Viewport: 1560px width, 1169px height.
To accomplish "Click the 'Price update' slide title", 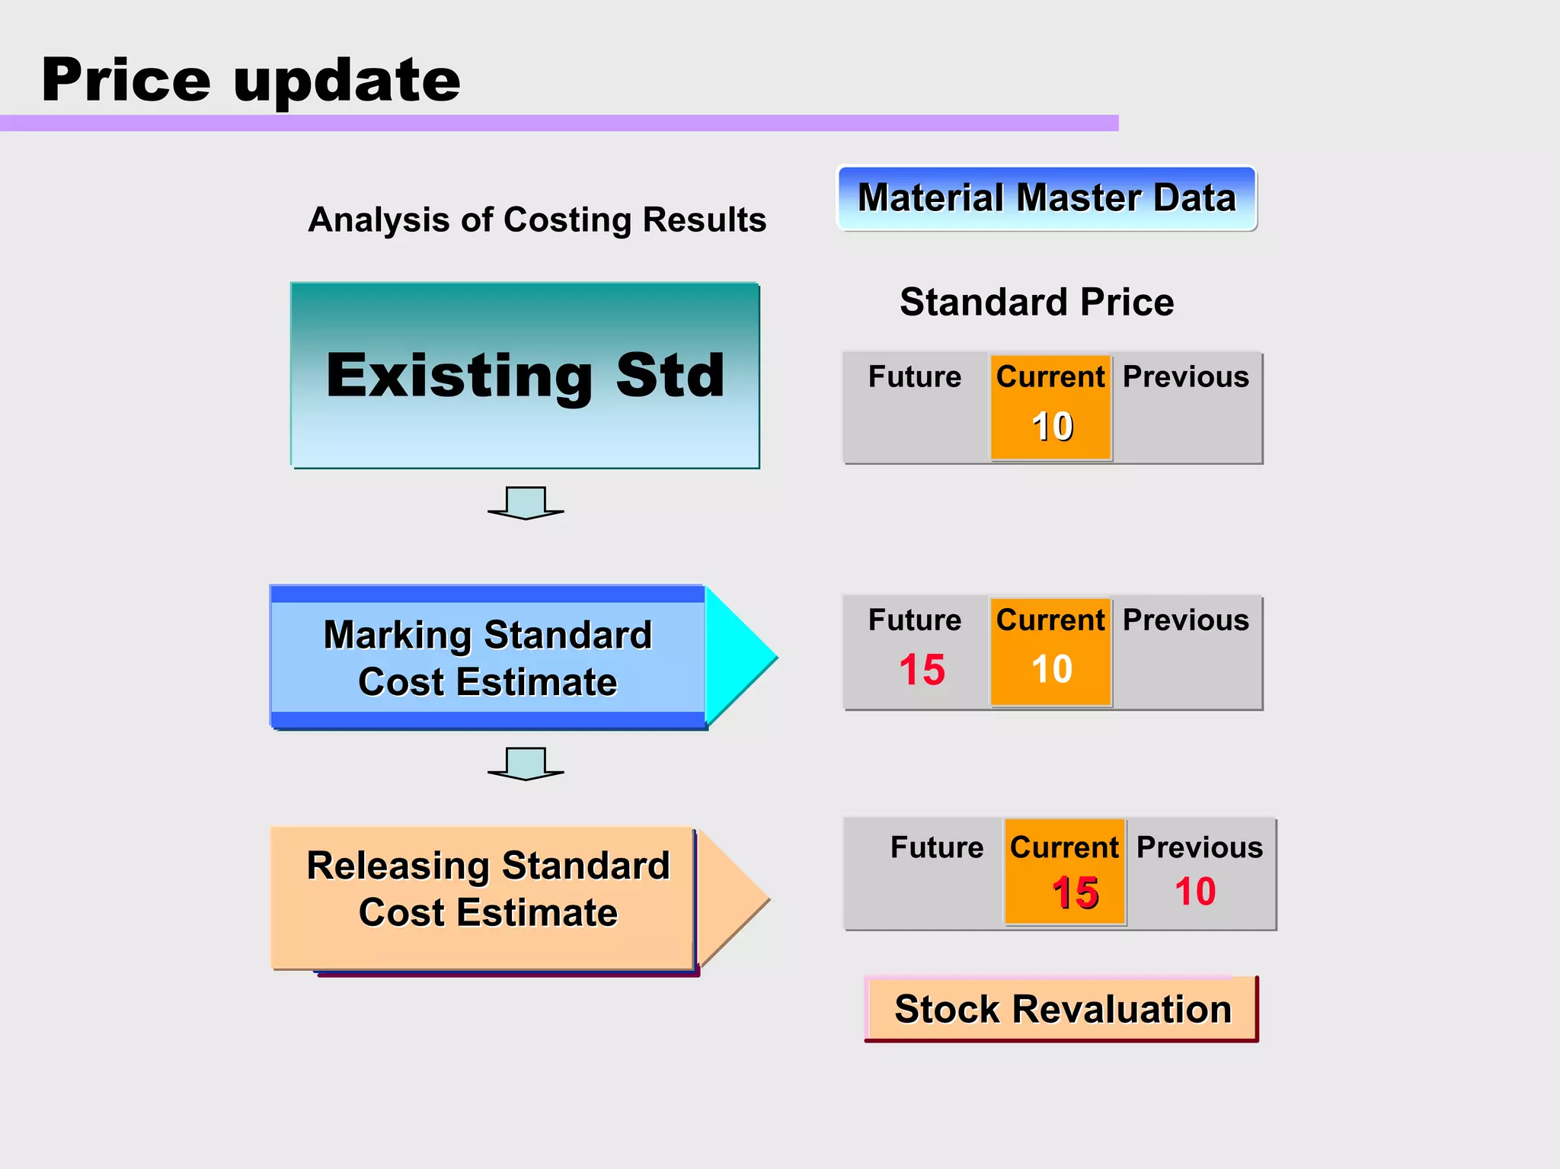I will [251, 80].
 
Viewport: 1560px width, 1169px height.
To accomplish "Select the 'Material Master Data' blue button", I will [1047, 198].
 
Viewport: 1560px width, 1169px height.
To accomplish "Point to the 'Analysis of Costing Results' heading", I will [537, 219].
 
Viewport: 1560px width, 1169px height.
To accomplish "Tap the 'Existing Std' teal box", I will [525, 375].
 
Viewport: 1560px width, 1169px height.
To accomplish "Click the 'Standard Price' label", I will [1037, 302].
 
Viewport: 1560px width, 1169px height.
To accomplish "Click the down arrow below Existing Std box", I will [526, 503].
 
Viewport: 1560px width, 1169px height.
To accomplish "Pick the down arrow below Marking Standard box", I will [526, 764].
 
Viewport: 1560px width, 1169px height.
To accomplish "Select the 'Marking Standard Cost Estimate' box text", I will [487, 658].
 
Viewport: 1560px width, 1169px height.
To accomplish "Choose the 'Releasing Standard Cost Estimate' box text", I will [487, 889].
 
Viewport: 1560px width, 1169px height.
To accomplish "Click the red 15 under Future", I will [922, 670].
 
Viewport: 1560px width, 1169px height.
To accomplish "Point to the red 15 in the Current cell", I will [1075, 892].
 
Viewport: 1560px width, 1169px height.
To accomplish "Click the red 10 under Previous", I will [1194, 891].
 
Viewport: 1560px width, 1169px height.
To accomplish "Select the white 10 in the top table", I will [1052, 426].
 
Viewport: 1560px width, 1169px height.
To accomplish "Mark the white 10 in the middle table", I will [1052, 669].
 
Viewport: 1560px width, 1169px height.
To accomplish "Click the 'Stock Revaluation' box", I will [1063, 1009].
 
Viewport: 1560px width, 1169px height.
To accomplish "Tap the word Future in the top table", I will [915, 376].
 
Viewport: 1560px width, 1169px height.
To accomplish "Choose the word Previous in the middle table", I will [1185, 620].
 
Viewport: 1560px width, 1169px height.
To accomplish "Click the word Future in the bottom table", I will [937, 847].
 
